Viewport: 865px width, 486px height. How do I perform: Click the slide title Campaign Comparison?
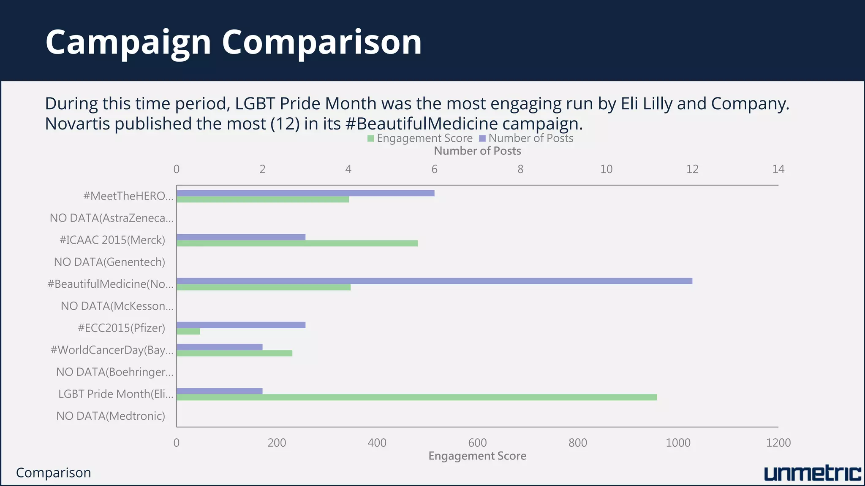coord(234,42)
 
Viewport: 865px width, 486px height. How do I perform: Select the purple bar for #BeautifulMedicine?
coord(434,281)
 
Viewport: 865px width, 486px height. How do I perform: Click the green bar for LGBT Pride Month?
coord(416,397)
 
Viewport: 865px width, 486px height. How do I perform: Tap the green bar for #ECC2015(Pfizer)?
coord(188,332)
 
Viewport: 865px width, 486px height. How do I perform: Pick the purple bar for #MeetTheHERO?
coord(305,193)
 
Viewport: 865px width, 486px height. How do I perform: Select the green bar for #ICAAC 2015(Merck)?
coord(297,243)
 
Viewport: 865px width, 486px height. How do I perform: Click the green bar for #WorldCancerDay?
coord(234,354)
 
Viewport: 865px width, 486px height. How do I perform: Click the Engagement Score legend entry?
coord(420,138)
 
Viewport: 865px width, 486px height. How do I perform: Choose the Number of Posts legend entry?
coord(526,138)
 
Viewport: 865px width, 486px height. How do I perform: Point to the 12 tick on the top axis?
coord(692,169)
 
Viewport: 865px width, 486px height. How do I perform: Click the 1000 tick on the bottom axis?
coord(678,443)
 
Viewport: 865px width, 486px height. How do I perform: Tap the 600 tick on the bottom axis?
coord(477,443)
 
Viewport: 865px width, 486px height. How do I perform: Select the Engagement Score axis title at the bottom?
coord(477,456)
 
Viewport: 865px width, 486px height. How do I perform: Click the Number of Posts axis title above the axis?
coord(477,151)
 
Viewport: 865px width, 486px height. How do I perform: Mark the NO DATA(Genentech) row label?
coord(109,262)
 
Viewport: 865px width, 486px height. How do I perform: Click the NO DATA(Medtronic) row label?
coord(111,416)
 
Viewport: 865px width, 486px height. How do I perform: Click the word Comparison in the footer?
coord(54,473)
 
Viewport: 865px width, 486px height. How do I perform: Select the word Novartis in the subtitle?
coord(77,124)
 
